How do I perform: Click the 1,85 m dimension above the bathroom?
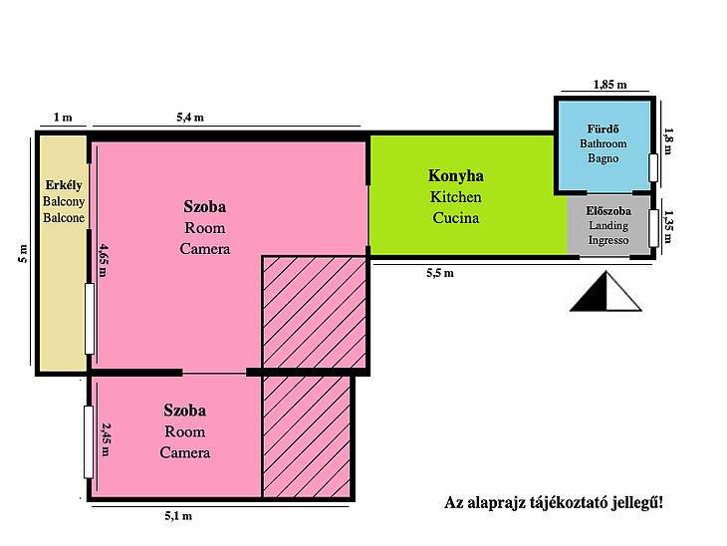tap(609, 85)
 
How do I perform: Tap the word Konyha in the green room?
tap(455, 175)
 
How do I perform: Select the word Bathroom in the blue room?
tap(603, 143)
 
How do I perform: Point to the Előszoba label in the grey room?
tap(608, 211)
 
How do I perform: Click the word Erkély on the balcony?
tap(64, 185)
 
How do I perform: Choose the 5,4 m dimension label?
tap(190, 118)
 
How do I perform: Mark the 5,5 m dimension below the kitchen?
tap(440, 273)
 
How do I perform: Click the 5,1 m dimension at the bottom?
tap(178, 516)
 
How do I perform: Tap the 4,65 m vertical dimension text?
tap(103, 261)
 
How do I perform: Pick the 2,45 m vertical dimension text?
tap(106, 438)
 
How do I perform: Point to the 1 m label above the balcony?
tap(63, 117)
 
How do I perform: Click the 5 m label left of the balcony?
tap(23, 253)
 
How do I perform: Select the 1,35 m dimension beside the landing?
tap(667, 226)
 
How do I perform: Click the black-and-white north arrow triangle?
tap(606, 291)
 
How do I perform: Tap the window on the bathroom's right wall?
tap(653, 167)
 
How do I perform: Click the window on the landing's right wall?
tap(653, 228)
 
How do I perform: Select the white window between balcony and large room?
tap(90, 319)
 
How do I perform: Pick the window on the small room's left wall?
tap(89, 442)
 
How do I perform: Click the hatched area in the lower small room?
tap(307, 436)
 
